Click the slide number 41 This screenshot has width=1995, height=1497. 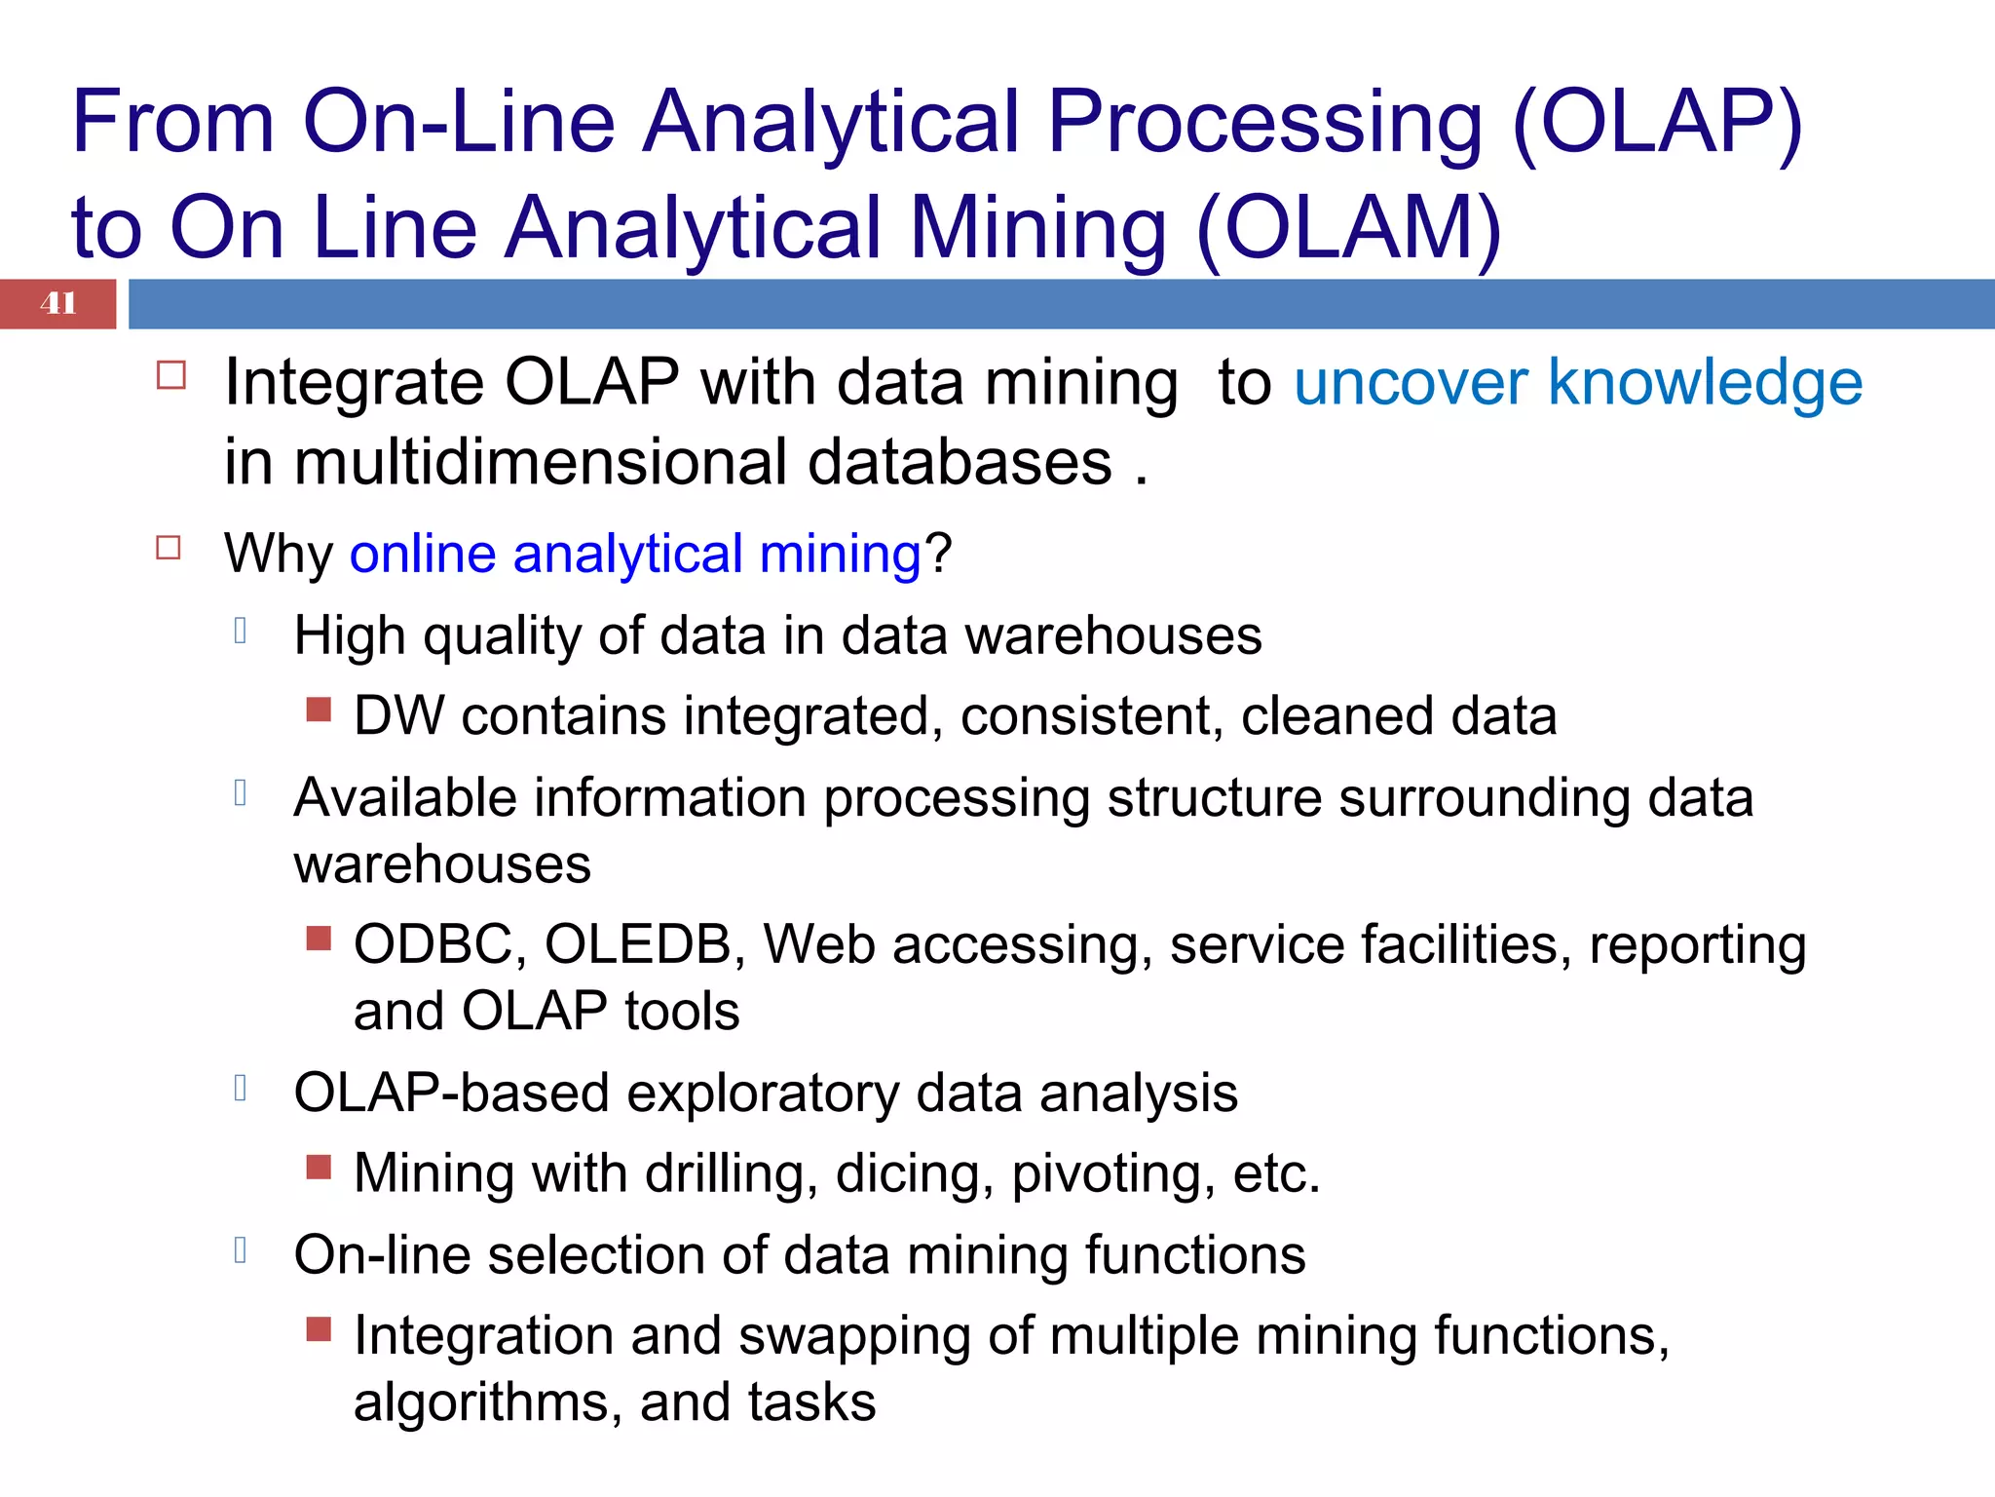58,303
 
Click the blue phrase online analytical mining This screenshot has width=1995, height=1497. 635,554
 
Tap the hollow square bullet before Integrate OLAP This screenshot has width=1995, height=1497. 170,376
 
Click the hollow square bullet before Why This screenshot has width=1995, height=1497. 169,548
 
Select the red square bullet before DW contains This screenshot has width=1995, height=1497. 319,709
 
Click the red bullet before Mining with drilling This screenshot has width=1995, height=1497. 319,1166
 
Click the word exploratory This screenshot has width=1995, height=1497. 763,1093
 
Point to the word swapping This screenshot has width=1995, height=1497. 854,1335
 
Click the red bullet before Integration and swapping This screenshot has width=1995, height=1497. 319,1328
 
